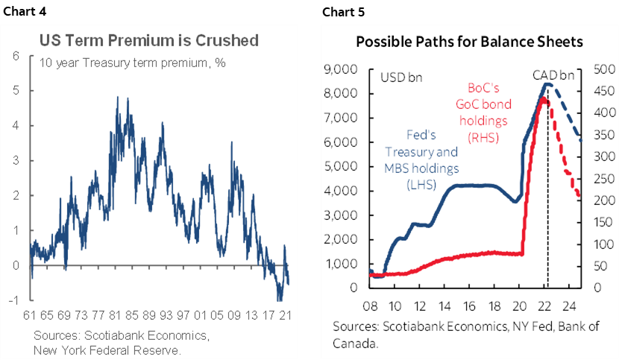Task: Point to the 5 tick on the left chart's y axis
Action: pyautogui.click(x=15, y=91)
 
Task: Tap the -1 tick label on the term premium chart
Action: pyautogui.click(x=13, y=300)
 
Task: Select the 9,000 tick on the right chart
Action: pyautogui.click(x=344, y=70)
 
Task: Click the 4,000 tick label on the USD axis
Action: pyautogui.click(x=344, y=192)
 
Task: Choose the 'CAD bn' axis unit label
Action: pyautogui.click(x=553, y=75)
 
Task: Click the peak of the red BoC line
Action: pyautogui.click(x=544, y=98)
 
